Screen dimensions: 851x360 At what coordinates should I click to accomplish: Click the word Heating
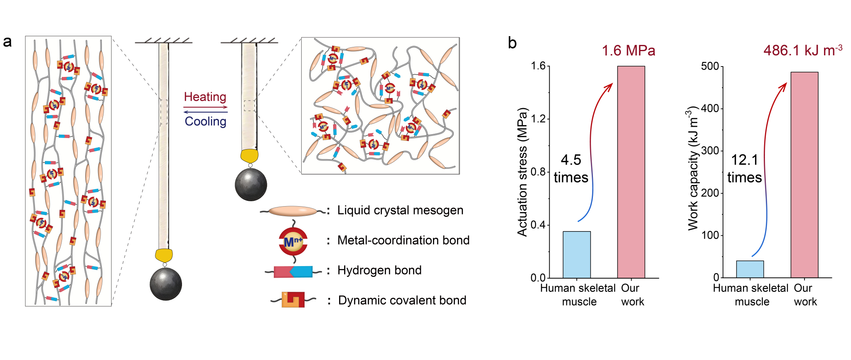click(205, 97)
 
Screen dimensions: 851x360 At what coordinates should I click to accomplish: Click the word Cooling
click(206, 121)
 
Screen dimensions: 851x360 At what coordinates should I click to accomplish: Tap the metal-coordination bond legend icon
click(293, 242)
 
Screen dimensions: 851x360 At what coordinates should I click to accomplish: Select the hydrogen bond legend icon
click(293, 272)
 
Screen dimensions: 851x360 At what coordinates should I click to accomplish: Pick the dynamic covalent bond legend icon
click(293, 300)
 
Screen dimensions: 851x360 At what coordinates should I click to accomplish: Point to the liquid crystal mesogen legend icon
click(293, 211)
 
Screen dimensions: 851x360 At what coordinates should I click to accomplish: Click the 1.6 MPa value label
click(628, 51)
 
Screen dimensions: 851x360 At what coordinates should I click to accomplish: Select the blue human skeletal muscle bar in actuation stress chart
click(577, 255)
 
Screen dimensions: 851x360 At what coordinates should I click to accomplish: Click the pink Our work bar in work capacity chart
click(804, 175)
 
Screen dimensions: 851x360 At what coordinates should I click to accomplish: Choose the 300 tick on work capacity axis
click(710, 151)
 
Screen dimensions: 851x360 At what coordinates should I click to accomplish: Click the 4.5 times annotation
click(571, 169)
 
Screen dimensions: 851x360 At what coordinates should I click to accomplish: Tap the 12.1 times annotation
click(744, 169)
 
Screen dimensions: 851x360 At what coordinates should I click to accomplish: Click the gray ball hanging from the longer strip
click(166, 284)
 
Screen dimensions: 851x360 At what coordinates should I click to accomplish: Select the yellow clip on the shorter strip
click(249, 155)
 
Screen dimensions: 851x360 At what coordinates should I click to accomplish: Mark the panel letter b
click(512, 43)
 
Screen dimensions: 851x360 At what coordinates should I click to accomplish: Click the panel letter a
click(7, 42)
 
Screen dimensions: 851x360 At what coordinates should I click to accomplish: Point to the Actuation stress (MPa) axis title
click(522, 172)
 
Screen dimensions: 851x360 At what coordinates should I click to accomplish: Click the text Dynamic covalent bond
click(402, 300)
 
